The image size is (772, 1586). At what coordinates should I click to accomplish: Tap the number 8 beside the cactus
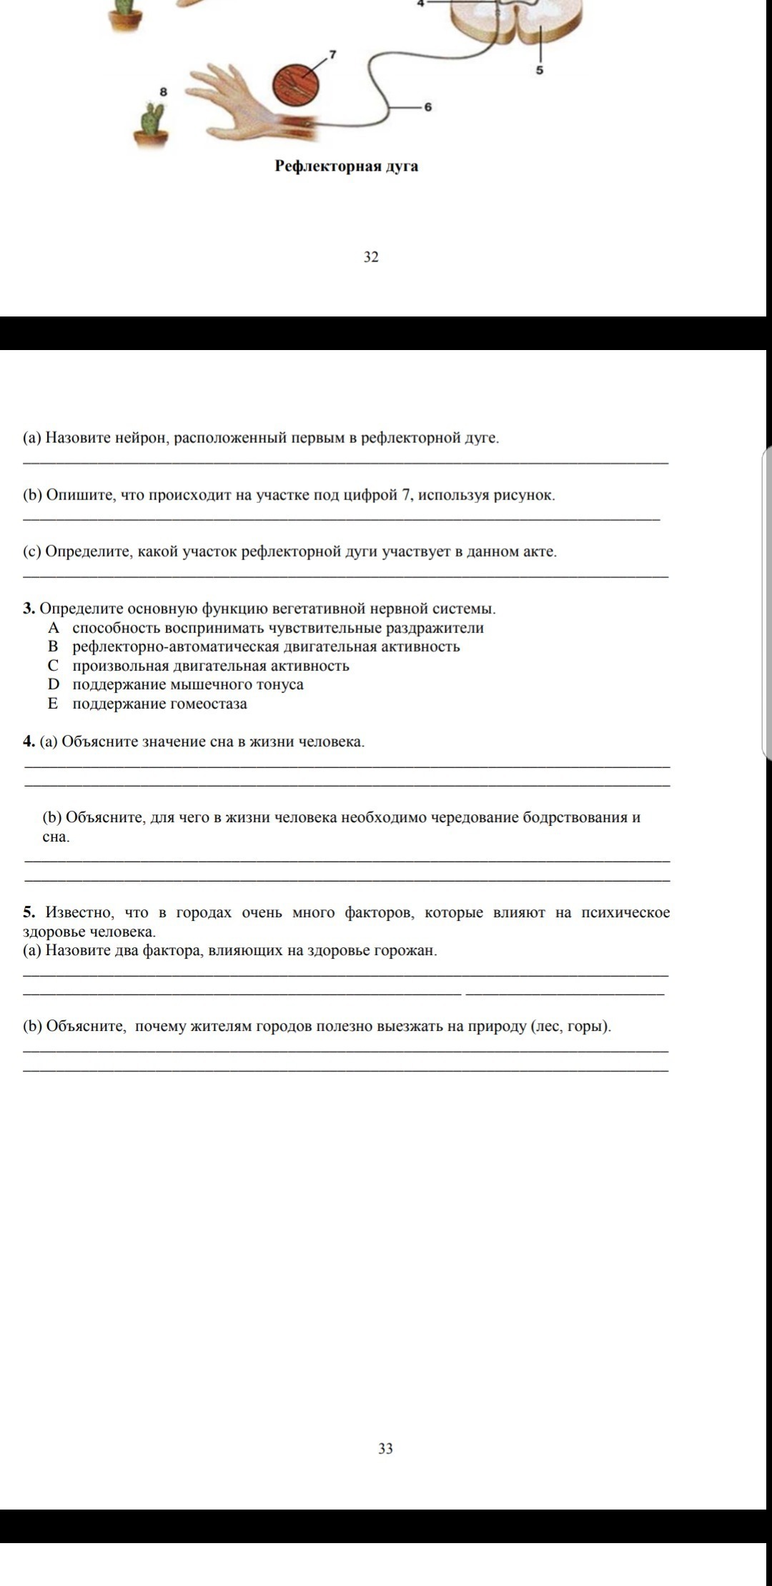point(163,91)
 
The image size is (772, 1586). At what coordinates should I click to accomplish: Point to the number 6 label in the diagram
point(428,107)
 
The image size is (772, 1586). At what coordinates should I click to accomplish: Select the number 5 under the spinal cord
point(540,71)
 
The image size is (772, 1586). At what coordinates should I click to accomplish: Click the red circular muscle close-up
point(297,86)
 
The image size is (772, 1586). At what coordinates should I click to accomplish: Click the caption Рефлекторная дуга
point(347,166)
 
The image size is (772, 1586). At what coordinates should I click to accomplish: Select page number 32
point(371,256)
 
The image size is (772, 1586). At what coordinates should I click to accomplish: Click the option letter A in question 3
point(53,628)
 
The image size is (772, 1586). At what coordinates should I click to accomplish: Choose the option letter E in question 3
point(52,704)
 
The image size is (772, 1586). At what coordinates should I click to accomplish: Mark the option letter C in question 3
point(53,666)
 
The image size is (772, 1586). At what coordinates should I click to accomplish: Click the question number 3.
point(29,609)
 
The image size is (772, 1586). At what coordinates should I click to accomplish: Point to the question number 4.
point(29,742)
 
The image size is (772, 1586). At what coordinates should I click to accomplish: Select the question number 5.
point(29,912)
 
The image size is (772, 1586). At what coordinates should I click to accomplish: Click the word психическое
point(625,912)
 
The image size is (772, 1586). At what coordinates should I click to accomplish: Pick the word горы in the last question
point(588,1027)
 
